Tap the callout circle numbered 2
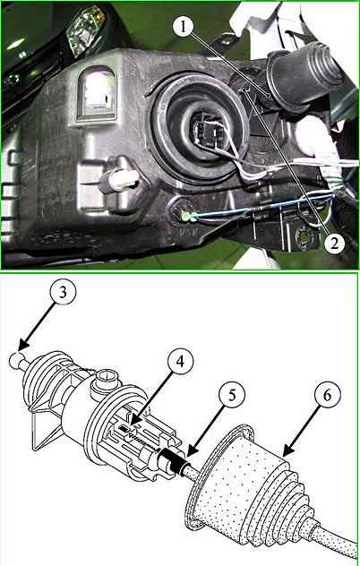(x=334, y=244)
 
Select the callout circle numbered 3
(x=64, y=292)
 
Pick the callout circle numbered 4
(x=180, y=361)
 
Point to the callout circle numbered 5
(x=232, y=395)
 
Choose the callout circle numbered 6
(x=327, y=395)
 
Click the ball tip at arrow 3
(x=15, y=361)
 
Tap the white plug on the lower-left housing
(x=121, y=179)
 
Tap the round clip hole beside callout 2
(x=305, y=237)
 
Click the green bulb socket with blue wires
(x=187, y=217)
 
